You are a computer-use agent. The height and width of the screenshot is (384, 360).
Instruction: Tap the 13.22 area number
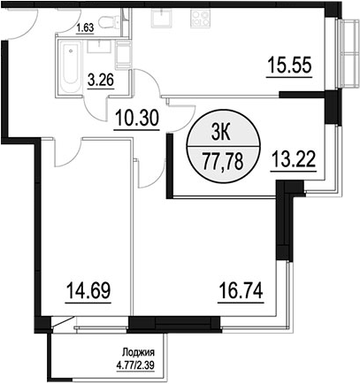pos(294,158)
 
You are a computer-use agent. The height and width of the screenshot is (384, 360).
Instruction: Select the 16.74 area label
pos(241,290)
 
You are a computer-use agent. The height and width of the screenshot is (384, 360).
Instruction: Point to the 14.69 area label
pos(88,290)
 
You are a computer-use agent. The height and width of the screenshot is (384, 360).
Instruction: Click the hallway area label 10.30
pos(137,117)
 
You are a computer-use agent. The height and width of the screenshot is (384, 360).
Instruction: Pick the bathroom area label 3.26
pos(101,80)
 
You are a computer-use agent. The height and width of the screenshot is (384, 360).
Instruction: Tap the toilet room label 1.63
pos(85,28)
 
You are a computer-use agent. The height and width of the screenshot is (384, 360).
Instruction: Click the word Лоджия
pos(138,352)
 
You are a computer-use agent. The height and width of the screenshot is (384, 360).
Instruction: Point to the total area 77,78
pos(223,161)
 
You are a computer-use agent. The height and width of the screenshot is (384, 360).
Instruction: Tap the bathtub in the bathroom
pos(70,65)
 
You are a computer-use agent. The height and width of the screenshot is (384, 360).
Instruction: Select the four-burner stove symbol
pos(201,18)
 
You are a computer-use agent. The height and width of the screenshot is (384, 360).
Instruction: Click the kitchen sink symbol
pos(161,17)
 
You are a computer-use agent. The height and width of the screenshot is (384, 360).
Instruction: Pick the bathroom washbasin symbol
pos(99,46)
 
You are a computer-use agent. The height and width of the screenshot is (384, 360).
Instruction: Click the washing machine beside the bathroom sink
pos(123,54)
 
